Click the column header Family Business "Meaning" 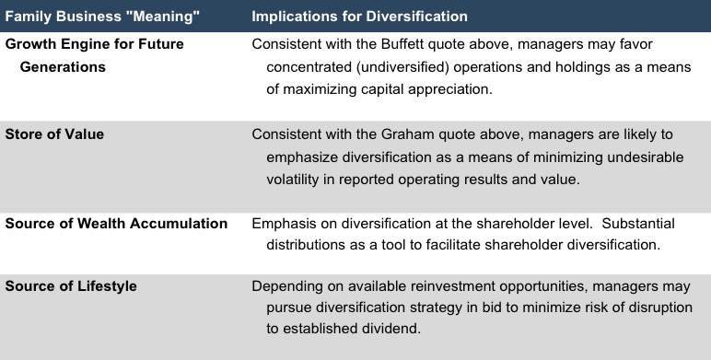tap(102, 17)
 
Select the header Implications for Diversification tap(359, 17)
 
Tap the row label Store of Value tap(54, 134)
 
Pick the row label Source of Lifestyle tap(71, 286)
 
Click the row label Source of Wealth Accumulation tap(116, 224)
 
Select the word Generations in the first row tap(63, 67)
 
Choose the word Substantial tap(638, 224)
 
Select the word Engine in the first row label tap(90, 44)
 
